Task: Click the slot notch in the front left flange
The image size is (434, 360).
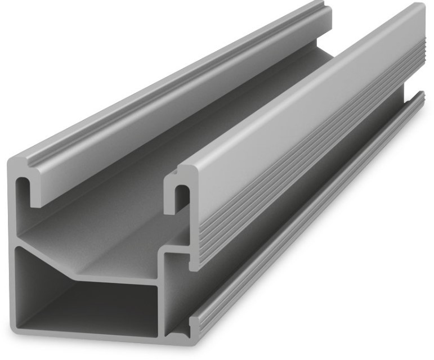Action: (23, 188)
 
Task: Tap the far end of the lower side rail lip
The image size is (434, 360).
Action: (421, 96)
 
